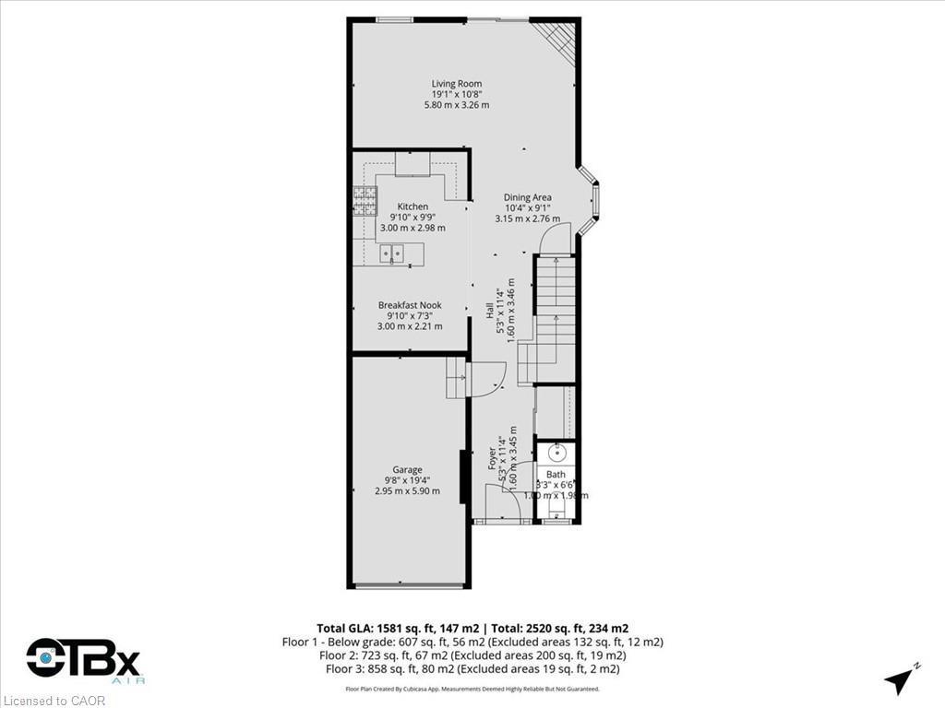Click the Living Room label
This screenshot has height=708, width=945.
[x=457, y=84]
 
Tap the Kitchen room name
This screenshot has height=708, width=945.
[x=413, y=206]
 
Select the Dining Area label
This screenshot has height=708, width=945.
[x=528, y=197]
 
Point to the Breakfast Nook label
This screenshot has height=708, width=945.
[x=410, y=305]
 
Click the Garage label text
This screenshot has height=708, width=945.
[x=407, y=469]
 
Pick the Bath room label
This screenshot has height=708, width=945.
[x=555, y=475]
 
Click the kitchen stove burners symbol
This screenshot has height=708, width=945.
[x=365, y=195]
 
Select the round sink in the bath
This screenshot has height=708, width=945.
[x=556, y=453]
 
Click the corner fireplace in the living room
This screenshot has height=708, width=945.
[x=560, y=38]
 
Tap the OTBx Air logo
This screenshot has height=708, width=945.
[x=83, y=661]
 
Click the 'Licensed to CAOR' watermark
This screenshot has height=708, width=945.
[x=54, y=701]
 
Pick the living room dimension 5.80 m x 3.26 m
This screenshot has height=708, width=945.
[x=457, y=105]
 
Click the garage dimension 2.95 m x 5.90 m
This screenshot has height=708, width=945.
[x=407, y=491]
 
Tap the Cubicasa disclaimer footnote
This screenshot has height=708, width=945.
[x=472, y=689]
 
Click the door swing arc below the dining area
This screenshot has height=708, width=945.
[x=556, y=242]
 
